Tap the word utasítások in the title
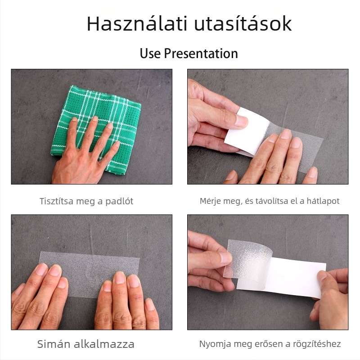pyautogui.click(x=243, y=24)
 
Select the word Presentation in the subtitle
pyautogui.click(x=201, y=54)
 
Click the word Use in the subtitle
pyautogui.click(x=150, y=54)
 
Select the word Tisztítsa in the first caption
pyautogui.click(x=55, y=201)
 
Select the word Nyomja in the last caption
pyautogui.click(x=213, y=344)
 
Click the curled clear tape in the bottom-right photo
pyautogui.click(x=245, y=259)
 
